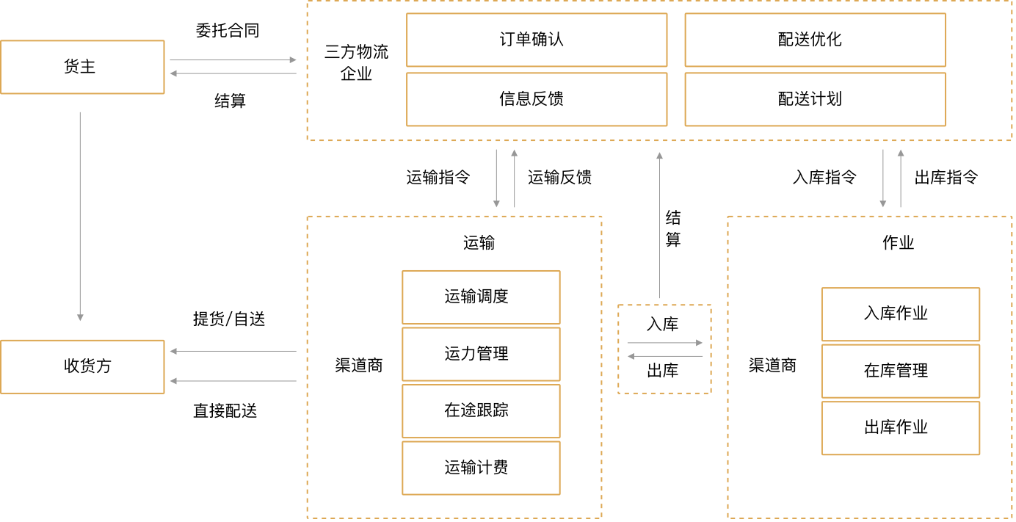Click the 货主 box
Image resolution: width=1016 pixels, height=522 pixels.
(x=81, y=67)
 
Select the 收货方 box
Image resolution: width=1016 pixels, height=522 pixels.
(x=81, y=366)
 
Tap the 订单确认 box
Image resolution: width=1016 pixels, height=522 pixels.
(x=536, y=40)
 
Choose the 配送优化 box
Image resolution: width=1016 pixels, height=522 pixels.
(x=814, y=40)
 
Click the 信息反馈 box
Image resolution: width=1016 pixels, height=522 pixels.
(x=536, y=99)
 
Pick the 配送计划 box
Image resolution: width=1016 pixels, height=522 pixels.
(x=814, y=99)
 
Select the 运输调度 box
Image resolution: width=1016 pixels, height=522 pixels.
(x=480, y=297)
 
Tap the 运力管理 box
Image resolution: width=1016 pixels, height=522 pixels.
(x=480, y=354)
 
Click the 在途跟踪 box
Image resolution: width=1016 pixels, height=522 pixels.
(x=480, y=410)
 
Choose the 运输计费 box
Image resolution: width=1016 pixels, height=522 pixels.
(x=480, y=468)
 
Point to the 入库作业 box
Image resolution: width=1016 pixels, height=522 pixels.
(x=900, y=313)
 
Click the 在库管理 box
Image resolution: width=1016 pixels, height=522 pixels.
(x=900, y=371)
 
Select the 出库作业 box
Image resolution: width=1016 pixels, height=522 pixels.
(x=900, y=427)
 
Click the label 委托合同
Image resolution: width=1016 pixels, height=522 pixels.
(x=228, y=31)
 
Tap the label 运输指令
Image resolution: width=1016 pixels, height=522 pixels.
(x=438, y=177)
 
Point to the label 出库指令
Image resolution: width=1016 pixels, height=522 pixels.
(x=946, y=177)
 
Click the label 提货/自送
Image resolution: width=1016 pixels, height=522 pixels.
(x=228, y=319)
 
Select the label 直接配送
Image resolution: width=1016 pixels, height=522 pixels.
(x=225, y=411)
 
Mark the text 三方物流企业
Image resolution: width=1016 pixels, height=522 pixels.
(x=357, y=63)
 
